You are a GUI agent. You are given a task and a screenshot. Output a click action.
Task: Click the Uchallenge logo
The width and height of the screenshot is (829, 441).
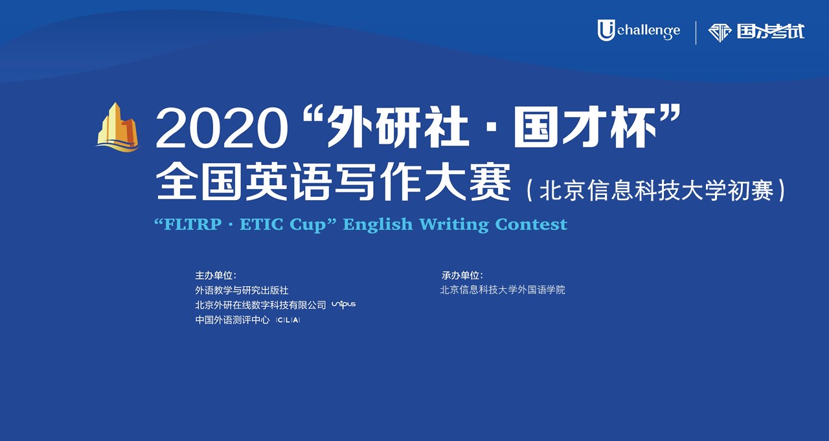click(x=639, y=30)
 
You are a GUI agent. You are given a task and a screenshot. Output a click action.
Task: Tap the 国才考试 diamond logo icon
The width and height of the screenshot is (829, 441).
click(x=720, y=33)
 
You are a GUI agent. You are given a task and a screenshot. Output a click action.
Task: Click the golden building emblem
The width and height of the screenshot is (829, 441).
click(x=118, y=127)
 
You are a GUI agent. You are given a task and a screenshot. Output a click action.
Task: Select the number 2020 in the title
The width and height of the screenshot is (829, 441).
click(x=221, y=128)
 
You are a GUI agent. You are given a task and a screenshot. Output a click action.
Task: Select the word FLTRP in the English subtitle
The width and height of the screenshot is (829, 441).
click(x=192, y=224)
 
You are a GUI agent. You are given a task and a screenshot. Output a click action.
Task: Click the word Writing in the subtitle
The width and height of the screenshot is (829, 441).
click(x=454, y=225)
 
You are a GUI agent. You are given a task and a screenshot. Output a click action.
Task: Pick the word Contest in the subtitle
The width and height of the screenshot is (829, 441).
click(x=531, y=224)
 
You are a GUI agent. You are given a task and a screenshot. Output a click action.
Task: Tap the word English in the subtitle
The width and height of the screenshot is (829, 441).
click(x=378, y=224)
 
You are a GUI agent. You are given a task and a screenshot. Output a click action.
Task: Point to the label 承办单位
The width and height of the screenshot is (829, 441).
click(x=462, y=275)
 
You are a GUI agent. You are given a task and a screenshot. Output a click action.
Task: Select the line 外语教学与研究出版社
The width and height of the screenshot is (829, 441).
click(x=242, y=290)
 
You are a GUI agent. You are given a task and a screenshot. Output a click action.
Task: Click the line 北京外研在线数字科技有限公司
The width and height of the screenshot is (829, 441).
click(x=260, y=305)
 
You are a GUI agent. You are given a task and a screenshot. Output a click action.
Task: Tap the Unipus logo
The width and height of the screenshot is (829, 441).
click(x=343, y=304)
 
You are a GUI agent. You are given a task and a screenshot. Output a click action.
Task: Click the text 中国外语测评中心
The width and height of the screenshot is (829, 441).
click(x=233, y=320)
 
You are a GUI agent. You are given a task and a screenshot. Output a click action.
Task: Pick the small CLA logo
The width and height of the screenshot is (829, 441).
click(x=288, y=320)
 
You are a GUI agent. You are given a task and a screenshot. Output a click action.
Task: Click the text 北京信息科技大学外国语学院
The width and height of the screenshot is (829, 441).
click(x=503, y=289)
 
